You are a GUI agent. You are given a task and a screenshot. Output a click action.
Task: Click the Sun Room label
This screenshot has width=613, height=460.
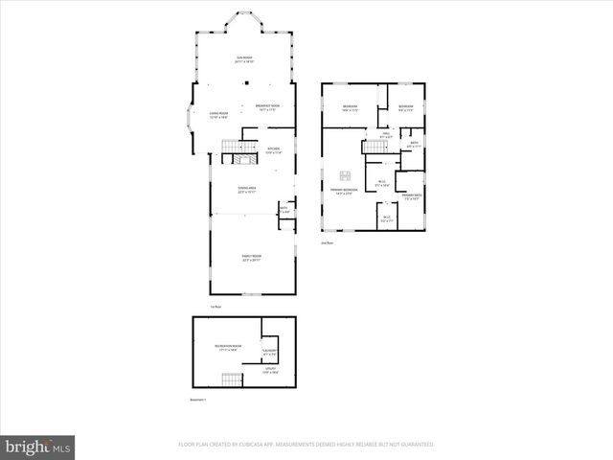[x=245, y=59]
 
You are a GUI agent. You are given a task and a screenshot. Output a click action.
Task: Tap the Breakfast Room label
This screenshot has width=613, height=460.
[x=267, y=107]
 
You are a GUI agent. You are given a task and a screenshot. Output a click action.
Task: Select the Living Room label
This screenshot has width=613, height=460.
[x=218, y=117]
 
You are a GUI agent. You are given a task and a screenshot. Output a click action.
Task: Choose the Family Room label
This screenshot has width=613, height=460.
[x=252, y=259]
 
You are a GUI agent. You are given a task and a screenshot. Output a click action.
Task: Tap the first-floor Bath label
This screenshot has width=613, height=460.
[x=284, y=209]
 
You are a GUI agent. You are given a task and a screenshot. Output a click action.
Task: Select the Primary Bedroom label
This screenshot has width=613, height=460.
[x=345, y=192]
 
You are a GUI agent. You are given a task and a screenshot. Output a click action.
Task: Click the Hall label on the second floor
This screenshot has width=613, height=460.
[x=386, y=136]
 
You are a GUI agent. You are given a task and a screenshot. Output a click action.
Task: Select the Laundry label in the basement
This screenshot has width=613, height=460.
[x=270, y=354]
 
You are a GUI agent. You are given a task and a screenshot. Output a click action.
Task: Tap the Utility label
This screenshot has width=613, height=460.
[x=270, y=373]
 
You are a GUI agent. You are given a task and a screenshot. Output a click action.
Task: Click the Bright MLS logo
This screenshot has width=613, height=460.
[x=38, y=447]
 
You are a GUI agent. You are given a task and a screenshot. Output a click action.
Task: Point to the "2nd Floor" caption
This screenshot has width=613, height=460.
[x=328, y=243]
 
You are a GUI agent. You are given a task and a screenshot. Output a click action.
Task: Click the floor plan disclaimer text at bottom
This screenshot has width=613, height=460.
[x=306, y=445]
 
